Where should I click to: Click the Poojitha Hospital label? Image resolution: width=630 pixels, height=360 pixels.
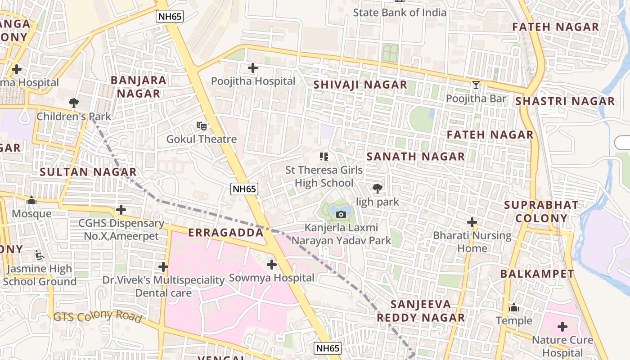point(253,81)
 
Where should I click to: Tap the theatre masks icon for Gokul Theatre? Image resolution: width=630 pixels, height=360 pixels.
point(201,126)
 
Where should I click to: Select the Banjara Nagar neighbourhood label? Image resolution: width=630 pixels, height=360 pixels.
point(138,87)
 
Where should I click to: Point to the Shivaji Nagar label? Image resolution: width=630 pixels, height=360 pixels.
point(360,85)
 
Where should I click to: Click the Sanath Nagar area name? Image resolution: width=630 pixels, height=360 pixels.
point(415,157)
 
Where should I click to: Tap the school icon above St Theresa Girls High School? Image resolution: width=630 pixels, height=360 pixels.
point(324,157)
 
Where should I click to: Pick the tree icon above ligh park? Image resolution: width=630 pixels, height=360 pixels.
point(378,189)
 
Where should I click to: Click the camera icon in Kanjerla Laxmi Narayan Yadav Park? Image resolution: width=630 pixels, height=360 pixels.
point(341,214)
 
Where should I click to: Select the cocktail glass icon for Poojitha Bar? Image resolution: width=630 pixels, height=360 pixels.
point(476,85)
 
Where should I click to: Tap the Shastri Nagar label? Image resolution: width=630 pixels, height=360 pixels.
point(565,101)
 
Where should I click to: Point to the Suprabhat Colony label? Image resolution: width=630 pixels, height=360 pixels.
point(541,211)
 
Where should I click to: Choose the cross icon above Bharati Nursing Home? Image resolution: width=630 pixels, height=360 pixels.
point(472,222)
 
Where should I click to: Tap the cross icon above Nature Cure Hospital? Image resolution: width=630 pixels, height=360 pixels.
point(562,327)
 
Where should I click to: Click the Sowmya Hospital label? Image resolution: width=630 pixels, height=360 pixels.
point(272,278)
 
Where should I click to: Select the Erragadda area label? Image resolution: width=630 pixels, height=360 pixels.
point(225,233)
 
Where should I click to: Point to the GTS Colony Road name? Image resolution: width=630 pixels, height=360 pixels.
point(97,316)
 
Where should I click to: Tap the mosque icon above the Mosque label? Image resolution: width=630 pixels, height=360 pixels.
point(31,200)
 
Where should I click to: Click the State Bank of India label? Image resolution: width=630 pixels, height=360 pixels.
point(399,13)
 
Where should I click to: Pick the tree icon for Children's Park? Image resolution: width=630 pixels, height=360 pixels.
point(73,103)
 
